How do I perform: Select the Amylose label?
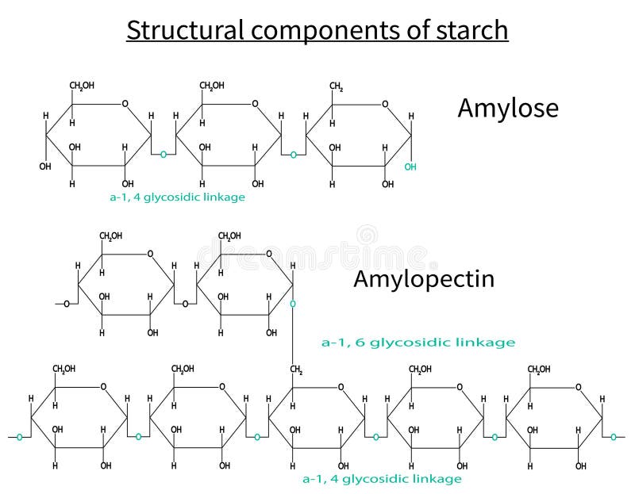click(x=507, y=108)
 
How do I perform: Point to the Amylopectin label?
click(x=423, y=278)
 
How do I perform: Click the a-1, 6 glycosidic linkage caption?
click(x=418, y=343)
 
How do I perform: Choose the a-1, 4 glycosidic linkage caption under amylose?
click(x=177, y=197)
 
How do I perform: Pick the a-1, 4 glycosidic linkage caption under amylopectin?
click(x=382, y=479)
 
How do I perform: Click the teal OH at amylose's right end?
click(x=410, y=167)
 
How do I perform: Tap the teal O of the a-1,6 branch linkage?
click(x=293, y=304)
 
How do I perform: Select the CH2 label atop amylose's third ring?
click(x=337, y=86)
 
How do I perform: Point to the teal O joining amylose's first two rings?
click(x=163, y=154)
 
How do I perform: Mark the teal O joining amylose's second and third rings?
click(x=293, y=154)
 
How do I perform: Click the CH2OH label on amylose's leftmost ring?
click(x=81, y=86)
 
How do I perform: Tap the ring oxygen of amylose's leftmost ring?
click(x=125, y=103)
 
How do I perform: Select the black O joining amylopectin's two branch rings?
click(x=185, y=304)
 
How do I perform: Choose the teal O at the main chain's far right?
click(x=614, y=436)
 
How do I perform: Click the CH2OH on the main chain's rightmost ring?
click(x=539, y=370)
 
